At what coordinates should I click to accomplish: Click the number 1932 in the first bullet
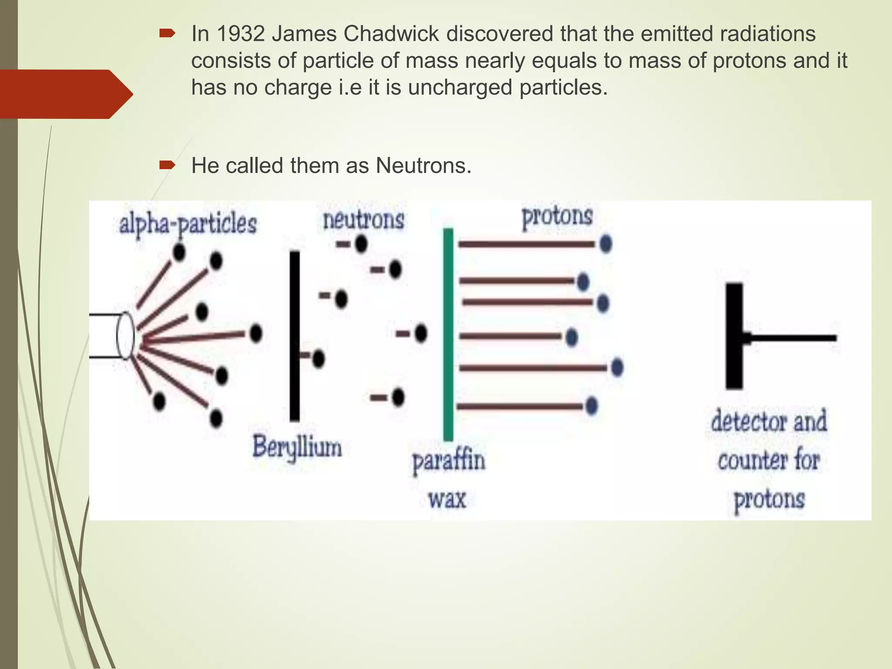[x=240, y=34]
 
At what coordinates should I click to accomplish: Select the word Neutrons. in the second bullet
[x=423, y=166]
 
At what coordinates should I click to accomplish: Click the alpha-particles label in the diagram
[x=188, y=224]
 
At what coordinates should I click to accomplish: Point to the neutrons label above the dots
[x=363, y=220]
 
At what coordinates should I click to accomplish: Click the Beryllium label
[x=297, y=448]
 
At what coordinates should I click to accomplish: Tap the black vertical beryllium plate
[x=295, y=335]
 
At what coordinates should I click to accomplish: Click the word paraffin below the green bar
[x=449, y=462]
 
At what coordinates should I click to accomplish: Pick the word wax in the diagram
[x=447, y=499]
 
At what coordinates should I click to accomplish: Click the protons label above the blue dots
[x=557, y=216]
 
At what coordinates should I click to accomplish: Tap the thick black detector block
[x=734, y=335]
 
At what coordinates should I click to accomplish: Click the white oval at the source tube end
[x=125, y=336]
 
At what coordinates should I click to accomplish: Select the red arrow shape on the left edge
[x=65, y=94]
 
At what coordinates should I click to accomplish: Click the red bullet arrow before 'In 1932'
[x=167, y=34]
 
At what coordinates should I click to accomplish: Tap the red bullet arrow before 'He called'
[x=167, y=165]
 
